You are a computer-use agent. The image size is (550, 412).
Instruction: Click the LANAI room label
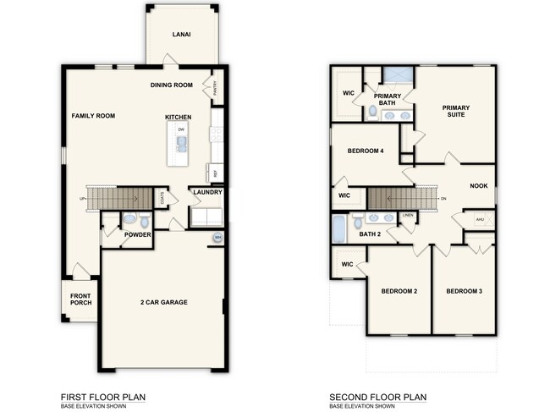(x=180, y=35)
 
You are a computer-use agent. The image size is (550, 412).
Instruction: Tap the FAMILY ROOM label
(x=92, y=116)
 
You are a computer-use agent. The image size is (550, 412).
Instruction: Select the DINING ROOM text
(x=173, y=85)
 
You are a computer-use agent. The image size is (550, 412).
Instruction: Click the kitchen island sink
(x=181, y=143)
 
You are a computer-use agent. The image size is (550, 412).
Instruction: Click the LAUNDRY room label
(x=207, y=192)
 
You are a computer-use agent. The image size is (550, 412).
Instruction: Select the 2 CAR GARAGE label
(x=163, y=302)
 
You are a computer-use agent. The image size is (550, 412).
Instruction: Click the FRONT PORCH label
(x=81, y=299)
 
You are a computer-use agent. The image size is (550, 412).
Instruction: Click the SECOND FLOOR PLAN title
(x=378, y=396)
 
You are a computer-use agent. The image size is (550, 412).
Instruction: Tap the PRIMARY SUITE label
(x=456, y=112)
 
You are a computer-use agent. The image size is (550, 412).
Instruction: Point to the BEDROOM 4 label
(x=366, y=151)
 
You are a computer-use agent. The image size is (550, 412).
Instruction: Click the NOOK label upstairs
(x=479, y=186)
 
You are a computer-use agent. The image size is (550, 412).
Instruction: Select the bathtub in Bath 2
(x=339, y=227)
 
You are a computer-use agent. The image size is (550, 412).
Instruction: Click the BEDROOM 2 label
(x=399, y=291)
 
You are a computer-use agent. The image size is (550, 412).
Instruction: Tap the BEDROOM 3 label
(x=465, y=291)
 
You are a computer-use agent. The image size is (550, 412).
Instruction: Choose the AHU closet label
(x=480, y=219)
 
